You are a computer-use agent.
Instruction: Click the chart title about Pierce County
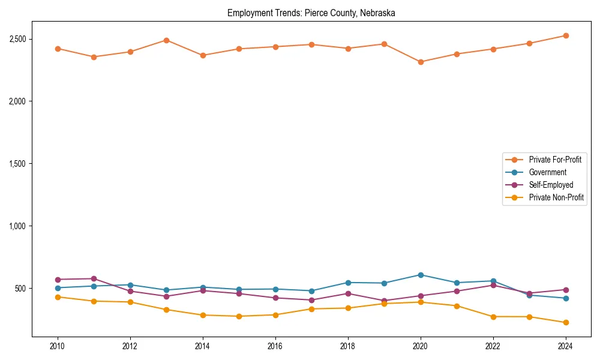[x=311, y=13]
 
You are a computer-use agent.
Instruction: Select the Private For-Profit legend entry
[x=555, y=160]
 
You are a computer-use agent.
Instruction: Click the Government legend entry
[x=547, y=172]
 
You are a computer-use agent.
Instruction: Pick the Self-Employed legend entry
[x=551, y=185]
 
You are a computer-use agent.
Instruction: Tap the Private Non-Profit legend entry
[x=556, y=197]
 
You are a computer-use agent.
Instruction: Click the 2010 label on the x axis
[x=58, y=346]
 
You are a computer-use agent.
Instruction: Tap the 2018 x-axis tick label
[x=348, y=346]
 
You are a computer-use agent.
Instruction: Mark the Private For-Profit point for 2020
[x=421, y=62]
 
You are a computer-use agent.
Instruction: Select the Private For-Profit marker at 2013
[x=166, y=40]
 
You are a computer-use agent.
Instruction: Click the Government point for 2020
[x=421, y=275]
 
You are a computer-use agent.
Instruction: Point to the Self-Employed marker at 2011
[x=94, y=278]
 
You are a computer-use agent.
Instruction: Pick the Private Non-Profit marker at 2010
[x=58, y=297]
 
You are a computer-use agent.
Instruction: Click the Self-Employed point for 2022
[x=493, y=285]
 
